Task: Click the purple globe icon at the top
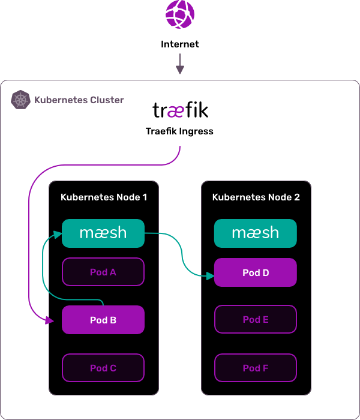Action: pos(180,15)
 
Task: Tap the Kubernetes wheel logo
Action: pos(21,100)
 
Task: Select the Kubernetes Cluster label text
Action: pos(79,100)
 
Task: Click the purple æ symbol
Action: pos(176,112)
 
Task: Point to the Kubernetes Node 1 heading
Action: pos(104,197)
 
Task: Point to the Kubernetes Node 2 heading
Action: pos(256,197)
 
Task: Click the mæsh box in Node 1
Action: pos(103,233)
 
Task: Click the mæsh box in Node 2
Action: pos(256,233)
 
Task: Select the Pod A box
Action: pos(103,272)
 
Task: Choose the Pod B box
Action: pos(103,320)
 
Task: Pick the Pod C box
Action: pos(103,368)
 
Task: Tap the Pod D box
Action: pos(256,272)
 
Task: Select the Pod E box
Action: pos(256,319)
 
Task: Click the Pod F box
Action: pos(256,368)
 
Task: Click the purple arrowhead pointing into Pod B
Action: pos(50,321)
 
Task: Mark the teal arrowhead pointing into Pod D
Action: pos(210,276)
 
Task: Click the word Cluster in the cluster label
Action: pos(107,100)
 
